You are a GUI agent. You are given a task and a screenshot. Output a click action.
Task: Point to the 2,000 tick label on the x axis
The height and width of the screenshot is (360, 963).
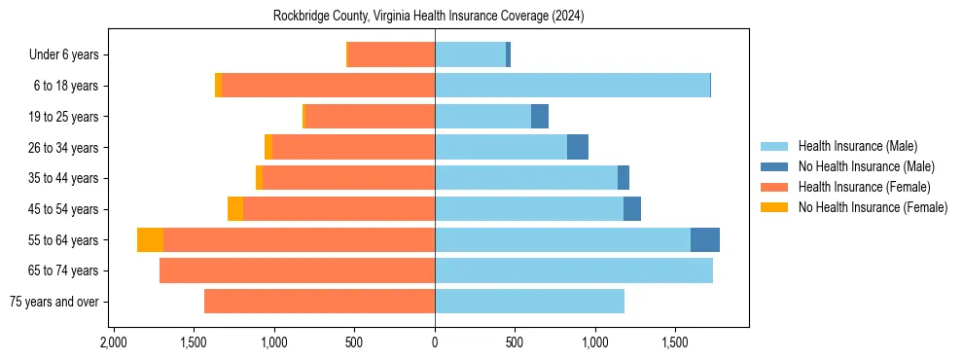pos(114,343)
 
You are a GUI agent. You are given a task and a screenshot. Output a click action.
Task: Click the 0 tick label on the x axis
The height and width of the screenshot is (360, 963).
pos(435,343)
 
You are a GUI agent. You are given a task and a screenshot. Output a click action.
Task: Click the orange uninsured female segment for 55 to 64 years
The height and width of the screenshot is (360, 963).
pos(150,240)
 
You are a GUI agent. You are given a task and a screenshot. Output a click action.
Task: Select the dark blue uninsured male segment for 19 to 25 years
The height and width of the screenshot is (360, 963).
pos(540,117)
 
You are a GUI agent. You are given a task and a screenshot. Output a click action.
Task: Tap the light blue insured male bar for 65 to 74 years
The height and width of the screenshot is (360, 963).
pos(574,270)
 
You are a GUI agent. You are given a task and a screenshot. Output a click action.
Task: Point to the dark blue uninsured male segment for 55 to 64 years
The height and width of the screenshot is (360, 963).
pos(705,240)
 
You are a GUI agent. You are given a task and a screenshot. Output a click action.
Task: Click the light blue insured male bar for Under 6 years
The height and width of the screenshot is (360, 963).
pos(470,55)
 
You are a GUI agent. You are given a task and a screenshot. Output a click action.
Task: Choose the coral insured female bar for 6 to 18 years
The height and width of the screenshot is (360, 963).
pos(328,86)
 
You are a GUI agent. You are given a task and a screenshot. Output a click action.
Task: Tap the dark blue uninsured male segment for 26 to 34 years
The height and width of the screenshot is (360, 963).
pos(578,148)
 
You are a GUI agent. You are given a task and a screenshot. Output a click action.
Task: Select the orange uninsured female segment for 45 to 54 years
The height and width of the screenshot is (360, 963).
pos(235,209)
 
